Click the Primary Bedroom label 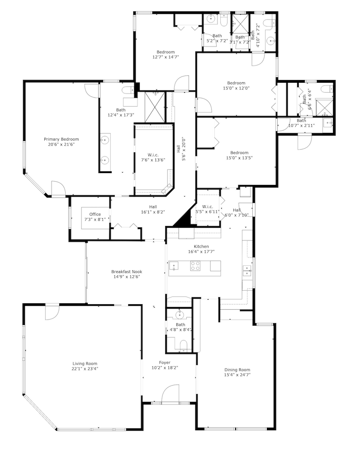[61, 139]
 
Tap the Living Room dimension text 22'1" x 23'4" [85, 368]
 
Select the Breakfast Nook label [127, 272]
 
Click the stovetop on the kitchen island [195, 266]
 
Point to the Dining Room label [237, 370]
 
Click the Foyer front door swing [170, 394]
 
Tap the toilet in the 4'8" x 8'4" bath [183, 345]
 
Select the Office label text [95, 214]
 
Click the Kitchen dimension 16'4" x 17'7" [201, 252]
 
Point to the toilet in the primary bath [128, 90]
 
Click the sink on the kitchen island [174, 266]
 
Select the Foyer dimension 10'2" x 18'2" [165, 368]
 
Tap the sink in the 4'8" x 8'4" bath [180, 314]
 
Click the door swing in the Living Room [52, 312]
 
